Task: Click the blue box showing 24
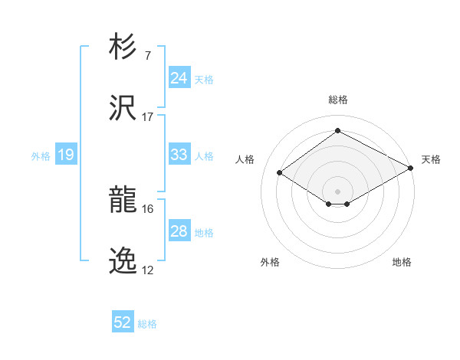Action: coord(179,78)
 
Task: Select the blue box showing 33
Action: coord(179,155)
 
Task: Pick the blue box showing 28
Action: coord(179,231)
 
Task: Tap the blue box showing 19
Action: coord(65,155)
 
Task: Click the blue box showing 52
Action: coord(123,322)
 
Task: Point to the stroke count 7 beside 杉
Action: coord(148,56)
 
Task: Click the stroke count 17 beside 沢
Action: coord(148,117)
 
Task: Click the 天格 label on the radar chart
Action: coord(431,159)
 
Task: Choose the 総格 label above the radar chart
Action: coord(337,100)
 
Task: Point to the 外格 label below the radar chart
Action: coord(270,262)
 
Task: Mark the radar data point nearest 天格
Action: coord(411,168)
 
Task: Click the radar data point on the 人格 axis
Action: coord(280,173)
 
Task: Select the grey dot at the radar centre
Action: coord(337,191)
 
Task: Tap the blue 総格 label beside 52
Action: coord(147,324)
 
